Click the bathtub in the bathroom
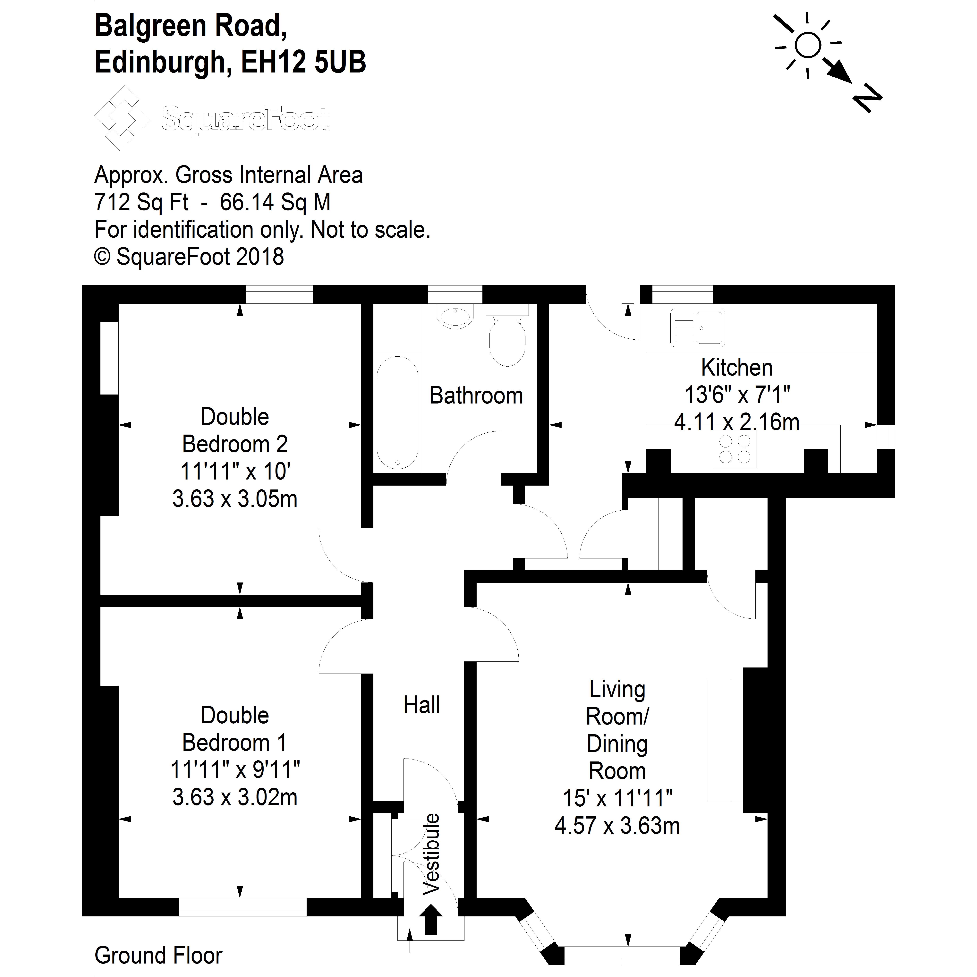(x=397, y=413)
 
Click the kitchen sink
(x=698, y=328)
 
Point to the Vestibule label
(x=431, y=861)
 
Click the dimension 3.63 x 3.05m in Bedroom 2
(x=235, y=499)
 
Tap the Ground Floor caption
(x=158, y=955)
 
